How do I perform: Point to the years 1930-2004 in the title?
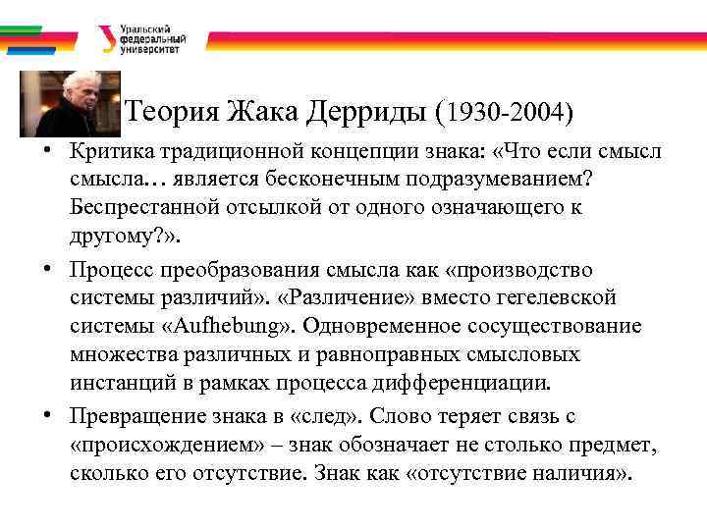coord(508,113)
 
